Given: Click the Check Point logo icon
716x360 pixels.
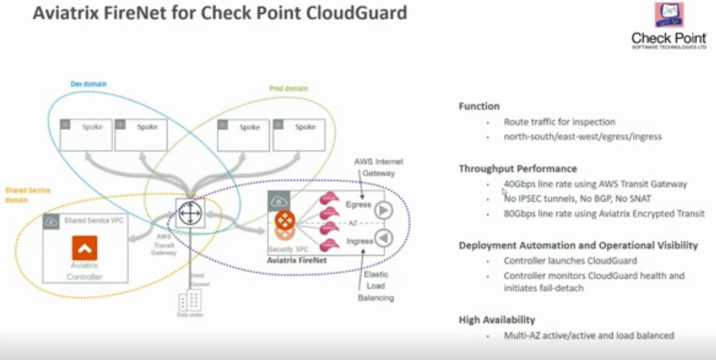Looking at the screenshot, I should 669,15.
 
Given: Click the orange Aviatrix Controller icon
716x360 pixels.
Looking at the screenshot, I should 85,248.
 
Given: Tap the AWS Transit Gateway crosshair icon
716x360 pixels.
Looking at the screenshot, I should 190,213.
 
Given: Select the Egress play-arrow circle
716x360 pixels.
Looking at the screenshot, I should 384,210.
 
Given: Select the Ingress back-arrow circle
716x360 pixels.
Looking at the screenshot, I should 384,238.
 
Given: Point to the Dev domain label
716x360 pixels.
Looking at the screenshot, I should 88,84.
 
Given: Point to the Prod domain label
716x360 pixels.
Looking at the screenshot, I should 288,89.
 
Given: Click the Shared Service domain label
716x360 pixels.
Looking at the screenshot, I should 27,195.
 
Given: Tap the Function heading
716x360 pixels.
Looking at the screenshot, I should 479,106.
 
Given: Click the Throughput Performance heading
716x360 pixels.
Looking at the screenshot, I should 517,169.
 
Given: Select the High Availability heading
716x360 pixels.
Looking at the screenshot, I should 496,320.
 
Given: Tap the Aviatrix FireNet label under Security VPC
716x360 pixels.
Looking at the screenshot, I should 296,260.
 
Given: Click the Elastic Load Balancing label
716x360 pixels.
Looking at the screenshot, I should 376,286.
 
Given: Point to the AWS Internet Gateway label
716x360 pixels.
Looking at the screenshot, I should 378,167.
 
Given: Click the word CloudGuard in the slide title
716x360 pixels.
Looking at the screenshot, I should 356,13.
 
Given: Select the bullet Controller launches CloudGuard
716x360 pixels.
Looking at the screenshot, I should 570,261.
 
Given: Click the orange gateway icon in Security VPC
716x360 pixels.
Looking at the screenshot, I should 285,221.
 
